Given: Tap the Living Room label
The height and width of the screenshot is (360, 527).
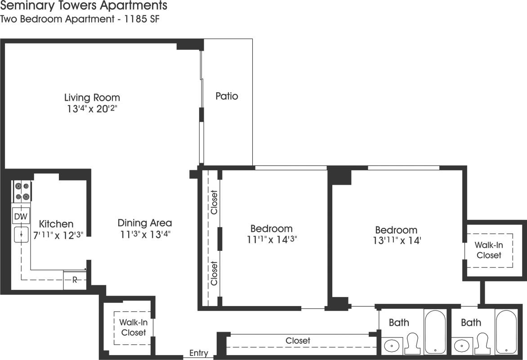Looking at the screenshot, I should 92,97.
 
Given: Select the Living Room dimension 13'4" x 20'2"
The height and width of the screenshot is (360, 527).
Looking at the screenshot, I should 92,109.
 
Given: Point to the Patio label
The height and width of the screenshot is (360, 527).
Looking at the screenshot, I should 227,96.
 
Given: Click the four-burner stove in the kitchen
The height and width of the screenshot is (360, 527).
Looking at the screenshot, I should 22,191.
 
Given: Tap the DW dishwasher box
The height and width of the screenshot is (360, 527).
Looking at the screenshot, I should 21,217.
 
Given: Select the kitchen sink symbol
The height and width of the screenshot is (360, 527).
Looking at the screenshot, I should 21,235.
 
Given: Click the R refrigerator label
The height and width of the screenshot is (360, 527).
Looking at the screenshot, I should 75,280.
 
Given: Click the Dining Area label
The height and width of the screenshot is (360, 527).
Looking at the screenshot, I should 144,222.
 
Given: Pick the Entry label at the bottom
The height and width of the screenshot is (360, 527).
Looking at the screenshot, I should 199,353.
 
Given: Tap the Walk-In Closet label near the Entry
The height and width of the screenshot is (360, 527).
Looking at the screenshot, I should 133,327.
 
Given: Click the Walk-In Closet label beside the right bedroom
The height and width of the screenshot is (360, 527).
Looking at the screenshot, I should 489,250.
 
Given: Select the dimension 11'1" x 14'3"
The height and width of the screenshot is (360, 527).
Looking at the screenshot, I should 272,240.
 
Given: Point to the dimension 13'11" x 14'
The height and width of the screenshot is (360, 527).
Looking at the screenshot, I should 397,241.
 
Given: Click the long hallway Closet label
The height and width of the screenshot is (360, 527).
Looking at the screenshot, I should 298,341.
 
